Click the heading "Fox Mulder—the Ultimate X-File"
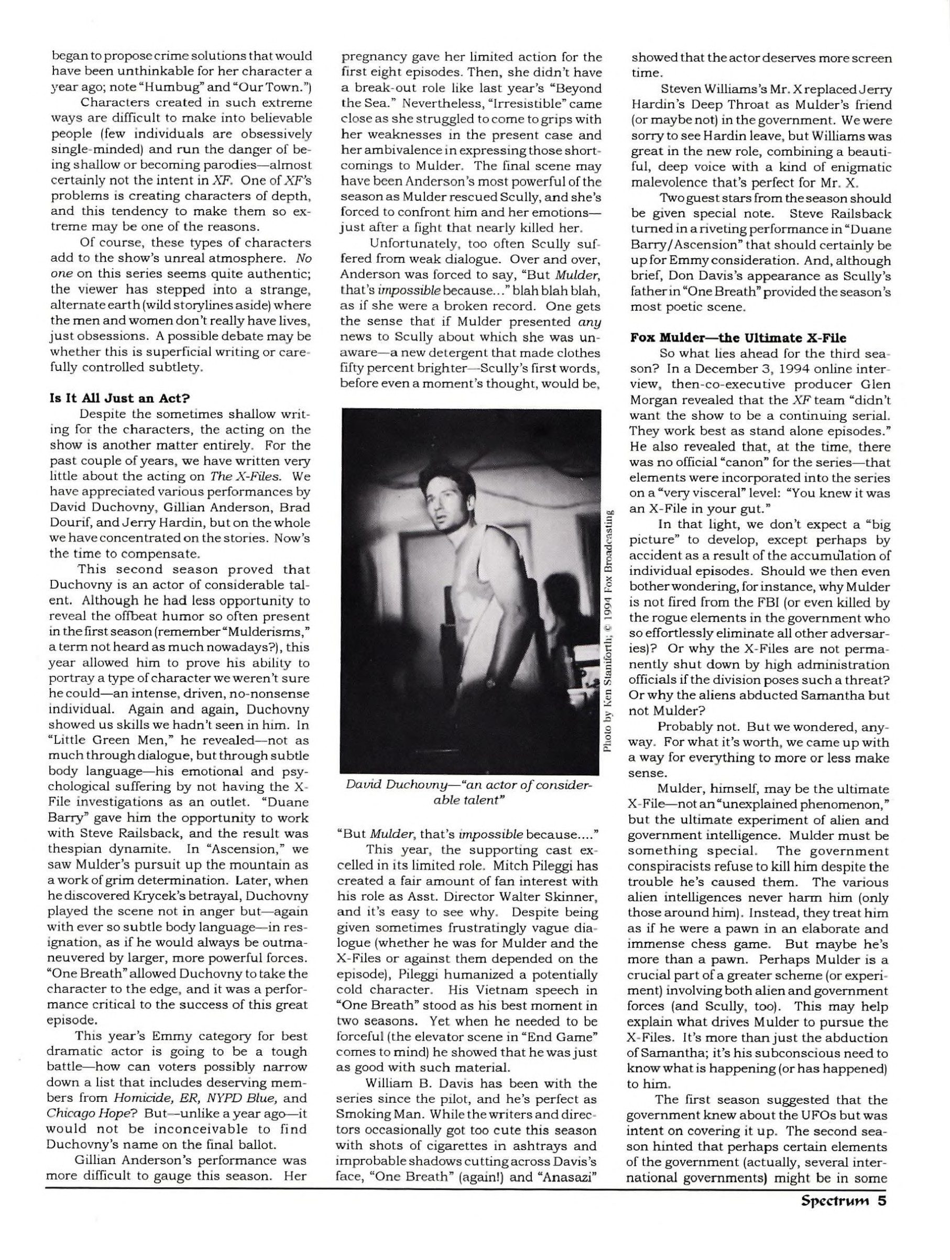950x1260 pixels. coord(729,337)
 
